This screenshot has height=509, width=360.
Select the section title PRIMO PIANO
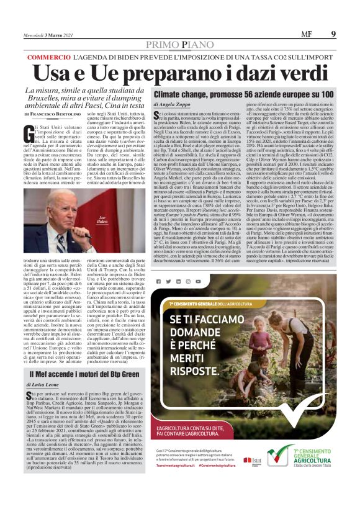coord(181,45)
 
